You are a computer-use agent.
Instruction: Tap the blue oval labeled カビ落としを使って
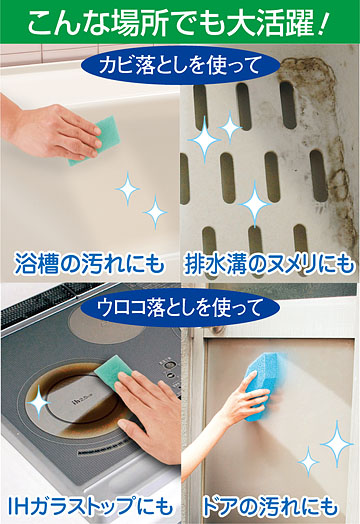pos(180,66)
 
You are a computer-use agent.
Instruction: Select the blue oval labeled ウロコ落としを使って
pos(180,307)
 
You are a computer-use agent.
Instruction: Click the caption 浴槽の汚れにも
pos(90,264)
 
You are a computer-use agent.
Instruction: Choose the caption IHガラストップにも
pos(90,506)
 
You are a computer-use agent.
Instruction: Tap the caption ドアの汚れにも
pos(269,506)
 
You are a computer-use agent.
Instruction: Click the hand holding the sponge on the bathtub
pos(50,129)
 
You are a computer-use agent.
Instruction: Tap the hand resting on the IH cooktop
pos(150,414)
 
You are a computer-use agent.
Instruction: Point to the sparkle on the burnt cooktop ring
pos(38,402)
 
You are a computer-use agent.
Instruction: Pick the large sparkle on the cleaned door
pos(337,444)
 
